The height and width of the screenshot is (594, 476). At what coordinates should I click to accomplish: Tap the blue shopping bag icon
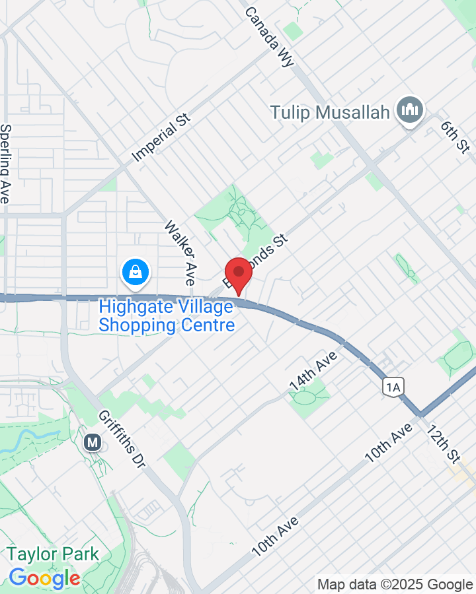(136, 272)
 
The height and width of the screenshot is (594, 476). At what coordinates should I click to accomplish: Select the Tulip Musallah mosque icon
(410, 110)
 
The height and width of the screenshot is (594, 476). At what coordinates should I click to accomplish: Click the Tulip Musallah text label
(330, 112)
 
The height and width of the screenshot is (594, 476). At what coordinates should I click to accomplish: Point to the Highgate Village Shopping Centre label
(167, 316)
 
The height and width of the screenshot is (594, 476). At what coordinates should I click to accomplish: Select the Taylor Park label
(53, 554)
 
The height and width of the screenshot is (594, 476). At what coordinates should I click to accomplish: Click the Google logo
(44, 579)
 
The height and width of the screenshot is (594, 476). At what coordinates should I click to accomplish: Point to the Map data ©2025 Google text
(395, 584)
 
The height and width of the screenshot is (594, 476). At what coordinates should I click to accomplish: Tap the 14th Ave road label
(313, 371)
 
